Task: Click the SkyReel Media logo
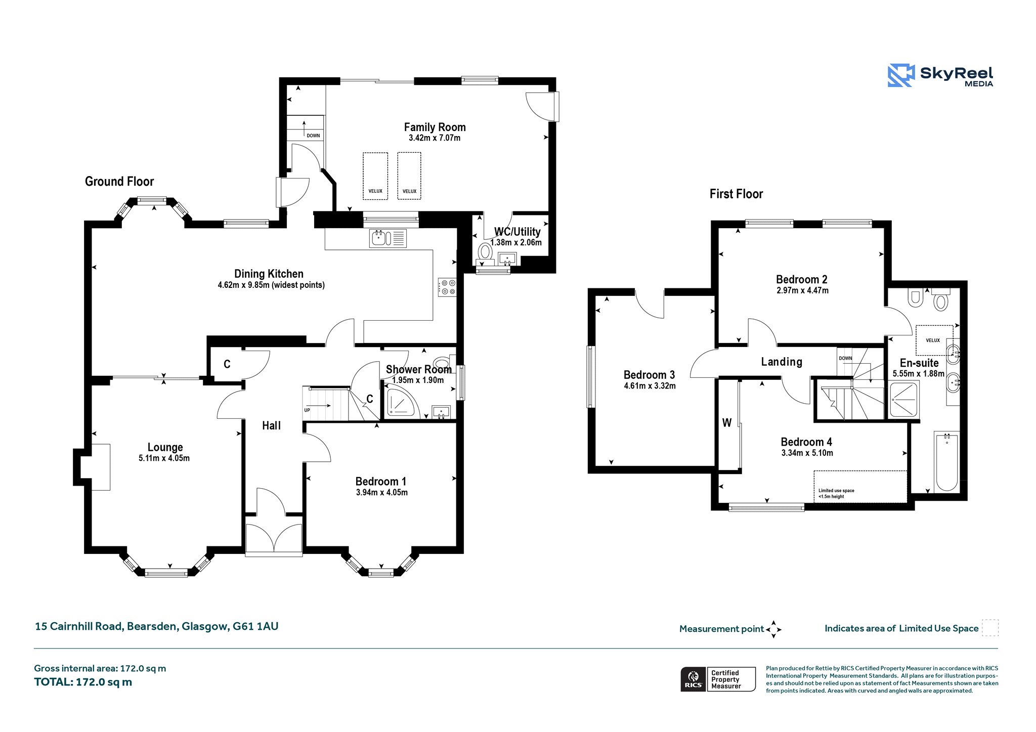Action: [940, 76]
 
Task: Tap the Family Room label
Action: [435, 127]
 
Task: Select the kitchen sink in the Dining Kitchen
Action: [387, 238]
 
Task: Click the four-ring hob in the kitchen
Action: [448, 287]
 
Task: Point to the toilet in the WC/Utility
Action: [485, 253]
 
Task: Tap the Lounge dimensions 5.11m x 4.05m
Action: [164, 458]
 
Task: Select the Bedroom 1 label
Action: [380, 481]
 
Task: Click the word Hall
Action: [271, 425]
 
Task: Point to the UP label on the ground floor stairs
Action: [307, 410]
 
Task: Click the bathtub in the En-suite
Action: [946, 461]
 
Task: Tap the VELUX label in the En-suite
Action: [933, 340]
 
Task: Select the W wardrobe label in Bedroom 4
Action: [726, 423]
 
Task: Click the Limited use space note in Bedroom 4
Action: [836, 493]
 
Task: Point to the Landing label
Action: [782, 362]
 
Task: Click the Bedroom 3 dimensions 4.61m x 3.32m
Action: [650, 385]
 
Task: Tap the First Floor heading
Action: [736, 194]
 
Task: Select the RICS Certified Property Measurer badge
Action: [718, 679]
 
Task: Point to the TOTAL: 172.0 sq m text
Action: [83, 682]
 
